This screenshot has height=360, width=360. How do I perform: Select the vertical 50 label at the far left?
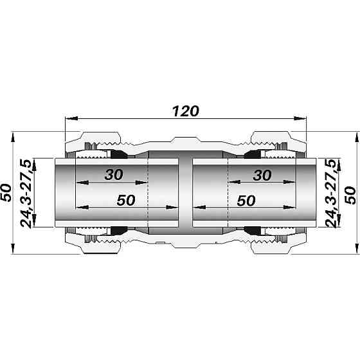pyautogui.click(x=7, y=192)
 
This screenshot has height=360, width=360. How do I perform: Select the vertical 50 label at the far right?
pyautogui.click(x=352, y=192)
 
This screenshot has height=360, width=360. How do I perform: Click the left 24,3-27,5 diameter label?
pyautogui.click(x=28, y=193)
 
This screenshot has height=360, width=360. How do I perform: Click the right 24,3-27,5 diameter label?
pyautogui.click(x=330, y=193)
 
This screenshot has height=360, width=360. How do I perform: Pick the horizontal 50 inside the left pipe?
pyautogui.click(x=126, y=200)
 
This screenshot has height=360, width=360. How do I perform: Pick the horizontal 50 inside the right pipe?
pyautogui.click(x=247, y=200)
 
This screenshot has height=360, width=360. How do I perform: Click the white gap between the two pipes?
pyautogui.click(x=185, y=193)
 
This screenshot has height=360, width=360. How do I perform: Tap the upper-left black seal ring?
pyautogui.click(x=118, y=155)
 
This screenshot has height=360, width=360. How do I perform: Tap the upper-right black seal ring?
pyautogui.click(x=251, y=155)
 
